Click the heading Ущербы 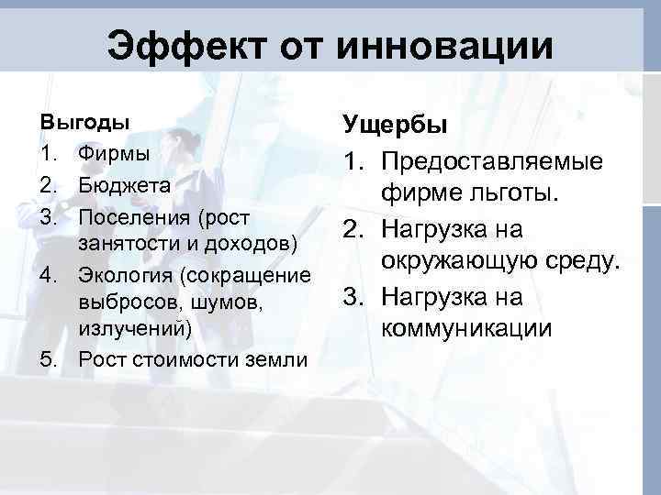[394, 125]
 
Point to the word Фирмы [114, 153]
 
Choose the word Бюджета [125, 185]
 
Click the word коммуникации [467, 328]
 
